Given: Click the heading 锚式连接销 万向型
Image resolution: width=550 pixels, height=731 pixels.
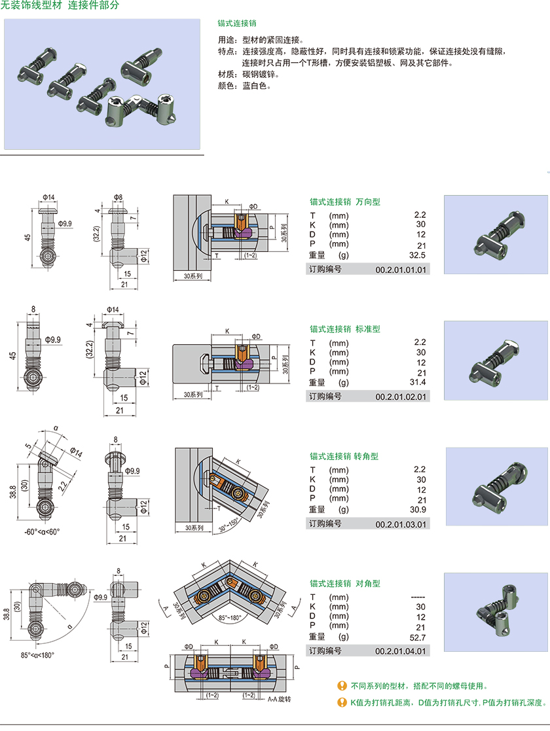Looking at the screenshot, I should (344, 202).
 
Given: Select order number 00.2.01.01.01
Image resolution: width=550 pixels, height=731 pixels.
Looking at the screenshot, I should (400, 270).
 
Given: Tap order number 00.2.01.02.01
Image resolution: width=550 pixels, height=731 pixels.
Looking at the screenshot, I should (400, 397).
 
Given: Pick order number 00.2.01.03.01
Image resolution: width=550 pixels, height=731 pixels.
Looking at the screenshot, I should (400, 524).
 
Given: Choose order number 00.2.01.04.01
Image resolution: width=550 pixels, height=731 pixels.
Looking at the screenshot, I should (400, 651).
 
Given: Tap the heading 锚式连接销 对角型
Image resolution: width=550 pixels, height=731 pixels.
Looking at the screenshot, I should (344, 584).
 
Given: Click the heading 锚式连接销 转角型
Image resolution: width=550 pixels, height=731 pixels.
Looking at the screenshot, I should (344, 456).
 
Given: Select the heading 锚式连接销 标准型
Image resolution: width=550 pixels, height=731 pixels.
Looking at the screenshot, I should (344, 329).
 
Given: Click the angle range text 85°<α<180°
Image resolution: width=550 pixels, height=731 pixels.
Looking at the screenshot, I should (37, 655).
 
